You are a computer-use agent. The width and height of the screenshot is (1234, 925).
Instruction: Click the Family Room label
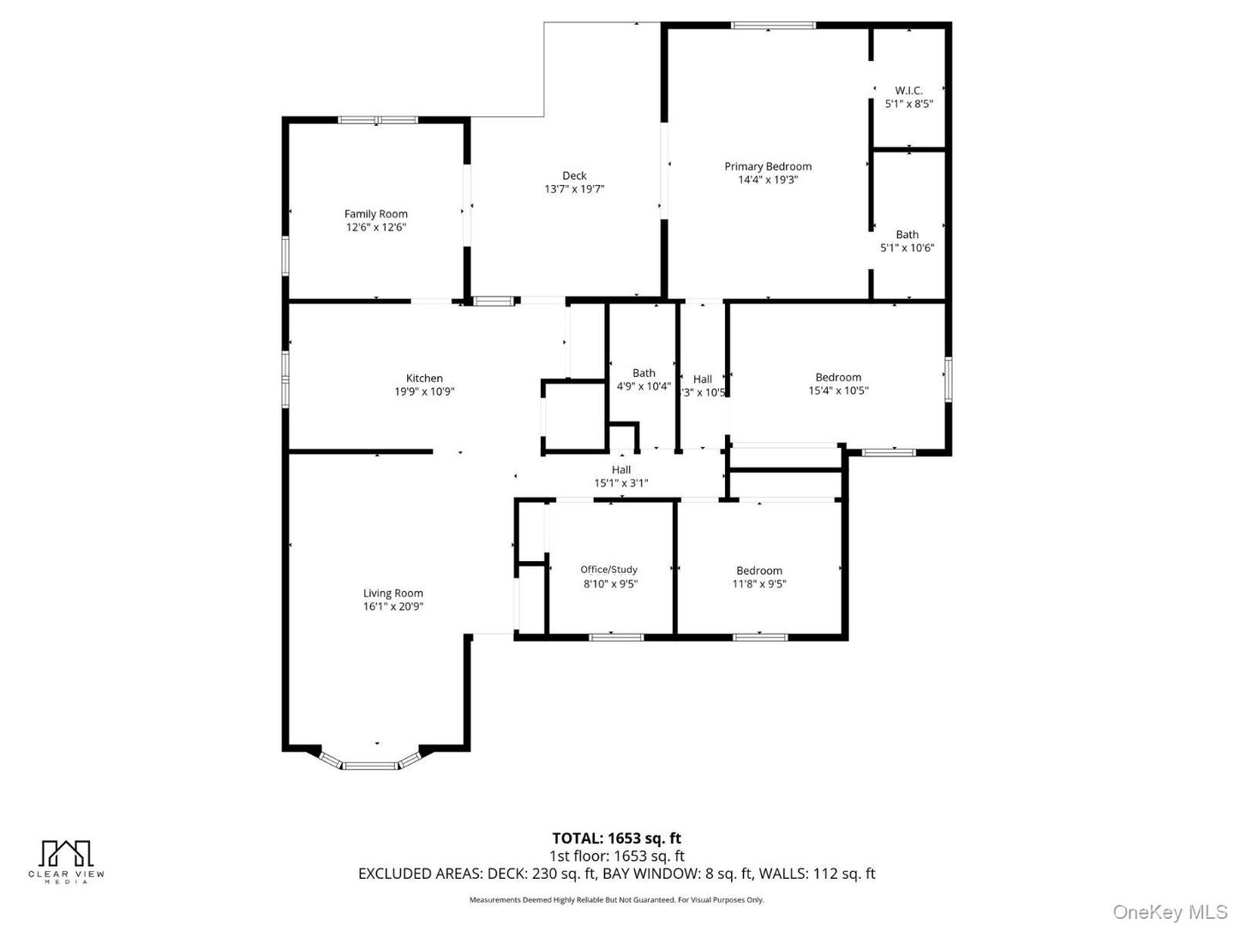click(375, 214)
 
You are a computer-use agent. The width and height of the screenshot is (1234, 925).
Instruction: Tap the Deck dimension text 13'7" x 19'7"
click(574, 189)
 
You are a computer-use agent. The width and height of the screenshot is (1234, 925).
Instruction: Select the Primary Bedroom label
click(768, 166)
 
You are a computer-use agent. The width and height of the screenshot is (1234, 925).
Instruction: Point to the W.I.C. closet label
click(908, 90)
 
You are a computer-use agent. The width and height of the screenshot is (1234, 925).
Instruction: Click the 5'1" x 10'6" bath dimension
click(907, 248)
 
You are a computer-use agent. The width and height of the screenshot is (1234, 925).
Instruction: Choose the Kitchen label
click(424, 378)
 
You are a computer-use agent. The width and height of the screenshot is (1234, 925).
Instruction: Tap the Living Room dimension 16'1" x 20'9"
click(393, 606)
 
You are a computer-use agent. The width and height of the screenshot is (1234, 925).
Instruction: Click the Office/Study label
click(608, 570)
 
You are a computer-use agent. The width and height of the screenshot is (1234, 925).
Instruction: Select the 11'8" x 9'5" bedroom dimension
click(758, 584)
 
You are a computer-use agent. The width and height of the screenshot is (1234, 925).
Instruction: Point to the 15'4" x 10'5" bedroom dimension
click(838, 391)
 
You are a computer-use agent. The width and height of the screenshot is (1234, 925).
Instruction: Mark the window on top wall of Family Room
click(377, 120)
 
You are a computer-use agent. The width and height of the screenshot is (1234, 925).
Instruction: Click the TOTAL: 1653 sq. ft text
click(616, 838)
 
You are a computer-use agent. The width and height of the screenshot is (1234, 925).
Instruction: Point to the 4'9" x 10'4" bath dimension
click(644, 386)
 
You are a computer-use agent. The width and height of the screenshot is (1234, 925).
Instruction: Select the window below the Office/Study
click(616, 636)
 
